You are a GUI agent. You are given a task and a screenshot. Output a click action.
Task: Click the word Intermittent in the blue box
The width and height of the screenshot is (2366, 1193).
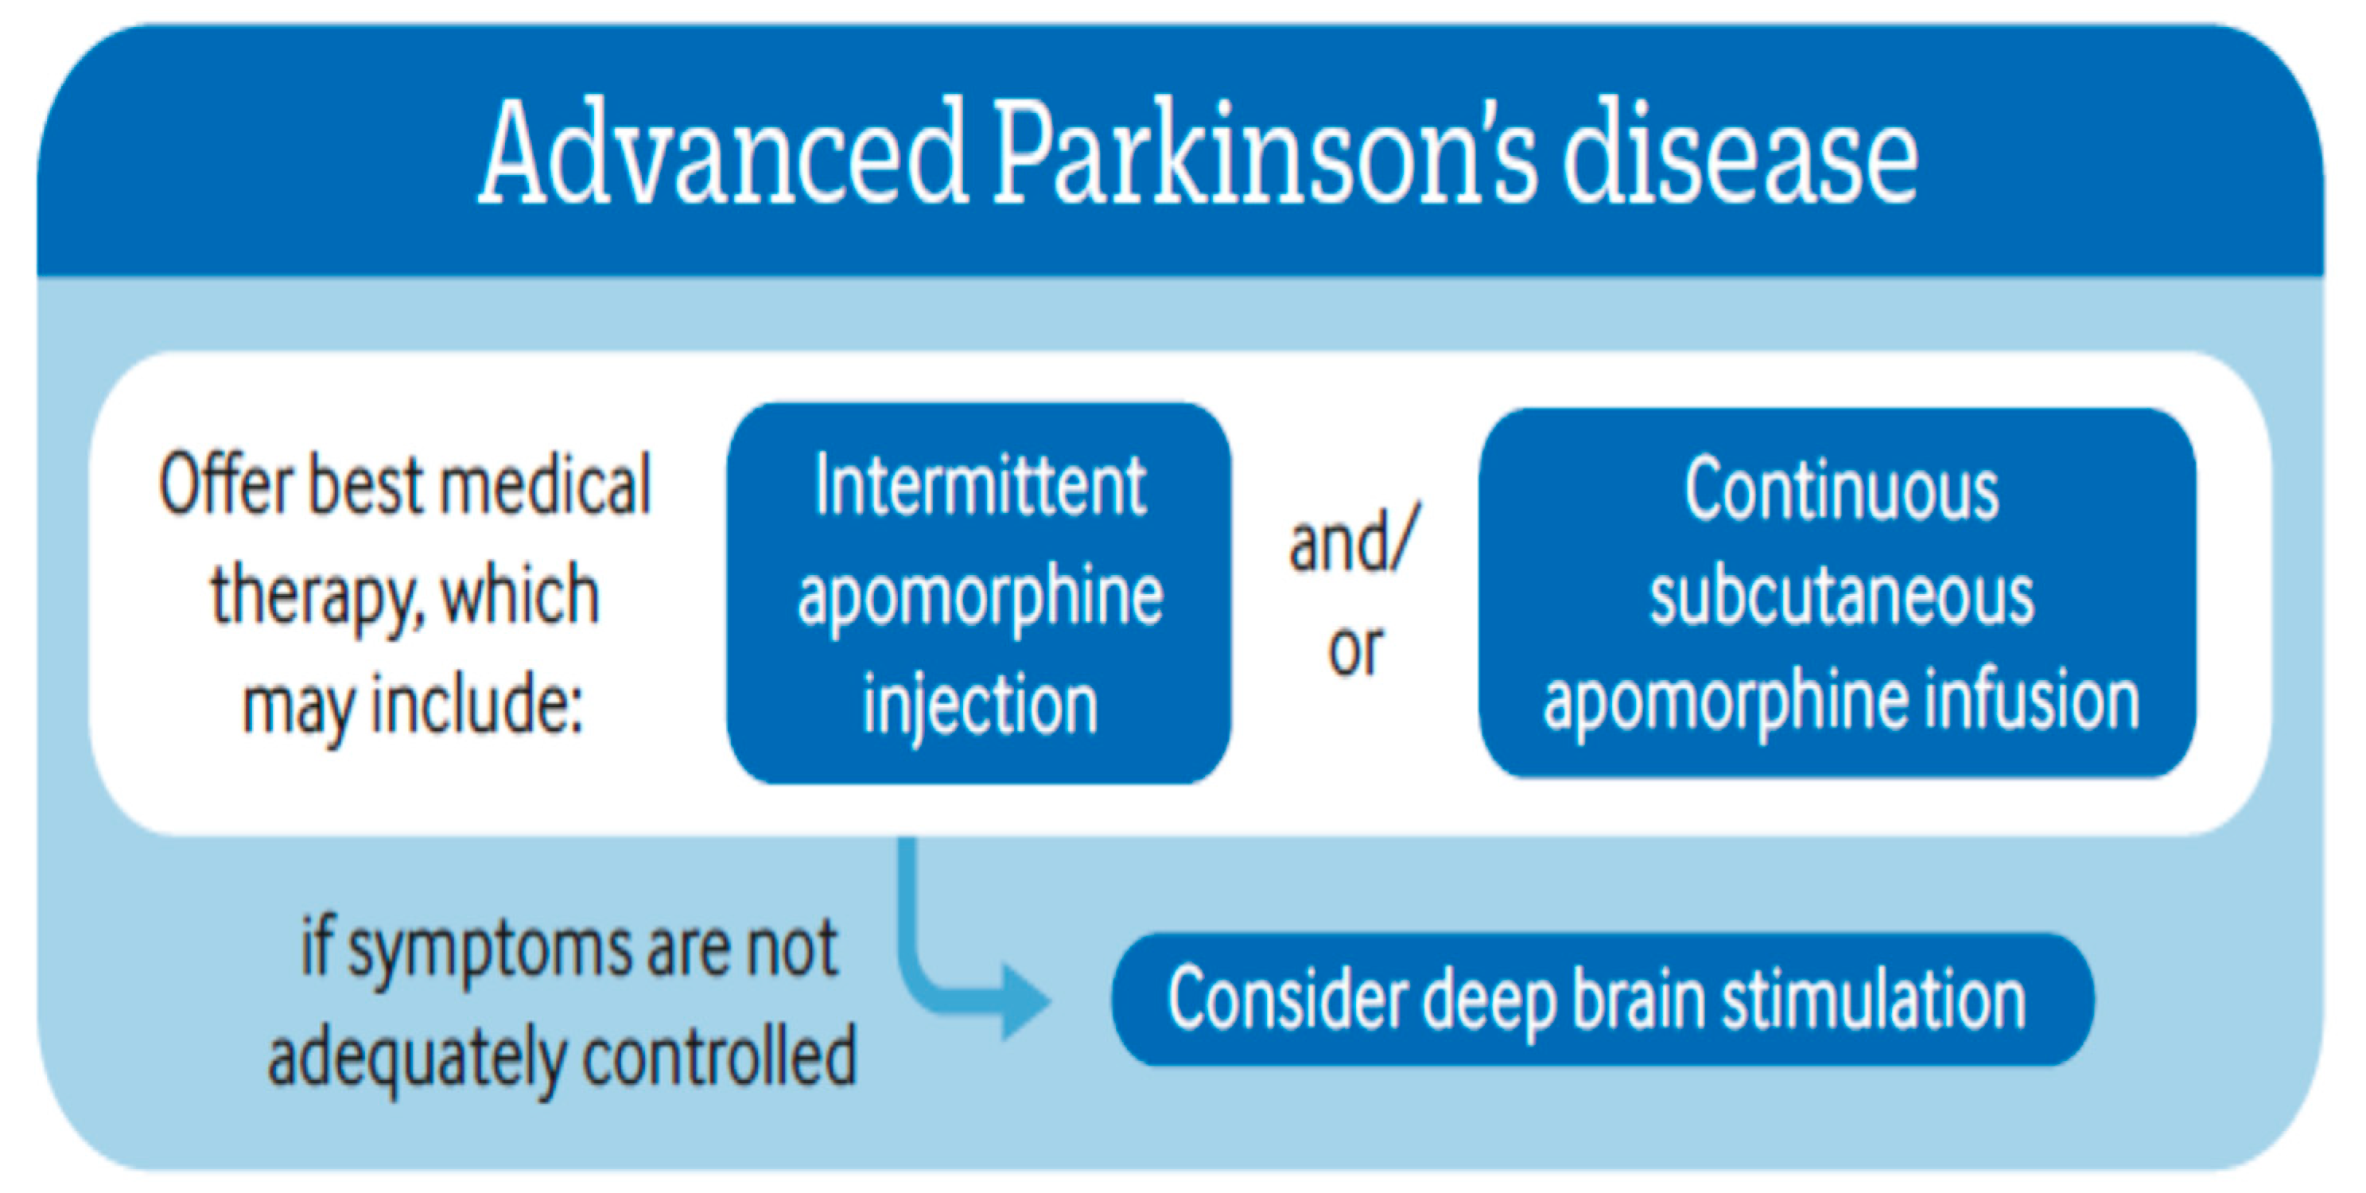pos(980,487)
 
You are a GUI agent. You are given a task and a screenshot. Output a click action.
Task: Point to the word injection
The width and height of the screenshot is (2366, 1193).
pos(980,705)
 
